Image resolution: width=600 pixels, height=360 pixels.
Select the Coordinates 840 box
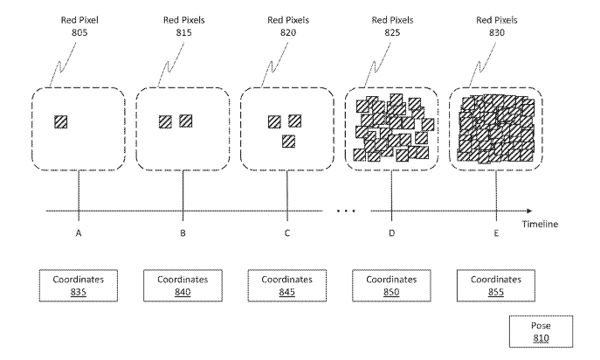pos(182,286)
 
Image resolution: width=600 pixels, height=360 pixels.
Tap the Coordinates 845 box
pos(286,286)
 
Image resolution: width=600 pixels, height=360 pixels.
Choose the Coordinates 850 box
pos(390,286)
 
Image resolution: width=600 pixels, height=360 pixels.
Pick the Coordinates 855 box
pos(495,286)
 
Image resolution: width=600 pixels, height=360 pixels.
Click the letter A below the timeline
pos(79,234)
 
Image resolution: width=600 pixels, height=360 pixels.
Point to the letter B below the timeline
pos(183,234)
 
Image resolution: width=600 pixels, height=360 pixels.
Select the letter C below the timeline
pos(287,234)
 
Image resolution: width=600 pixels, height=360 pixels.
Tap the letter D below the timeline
pos(391,234)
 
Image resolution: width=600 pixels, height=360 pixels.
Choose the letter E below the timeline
pos(496,234)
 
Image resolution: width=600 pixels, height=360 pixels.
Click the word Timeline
pos(541,224)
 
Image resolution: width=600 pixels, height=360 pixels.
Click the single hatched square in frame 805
pos(60,122)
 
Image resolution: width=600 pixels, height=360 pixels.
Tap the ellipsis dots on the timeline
pos(347,211)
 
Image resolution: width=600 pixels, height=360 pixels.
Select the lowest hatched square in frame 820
pos(287,141)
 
